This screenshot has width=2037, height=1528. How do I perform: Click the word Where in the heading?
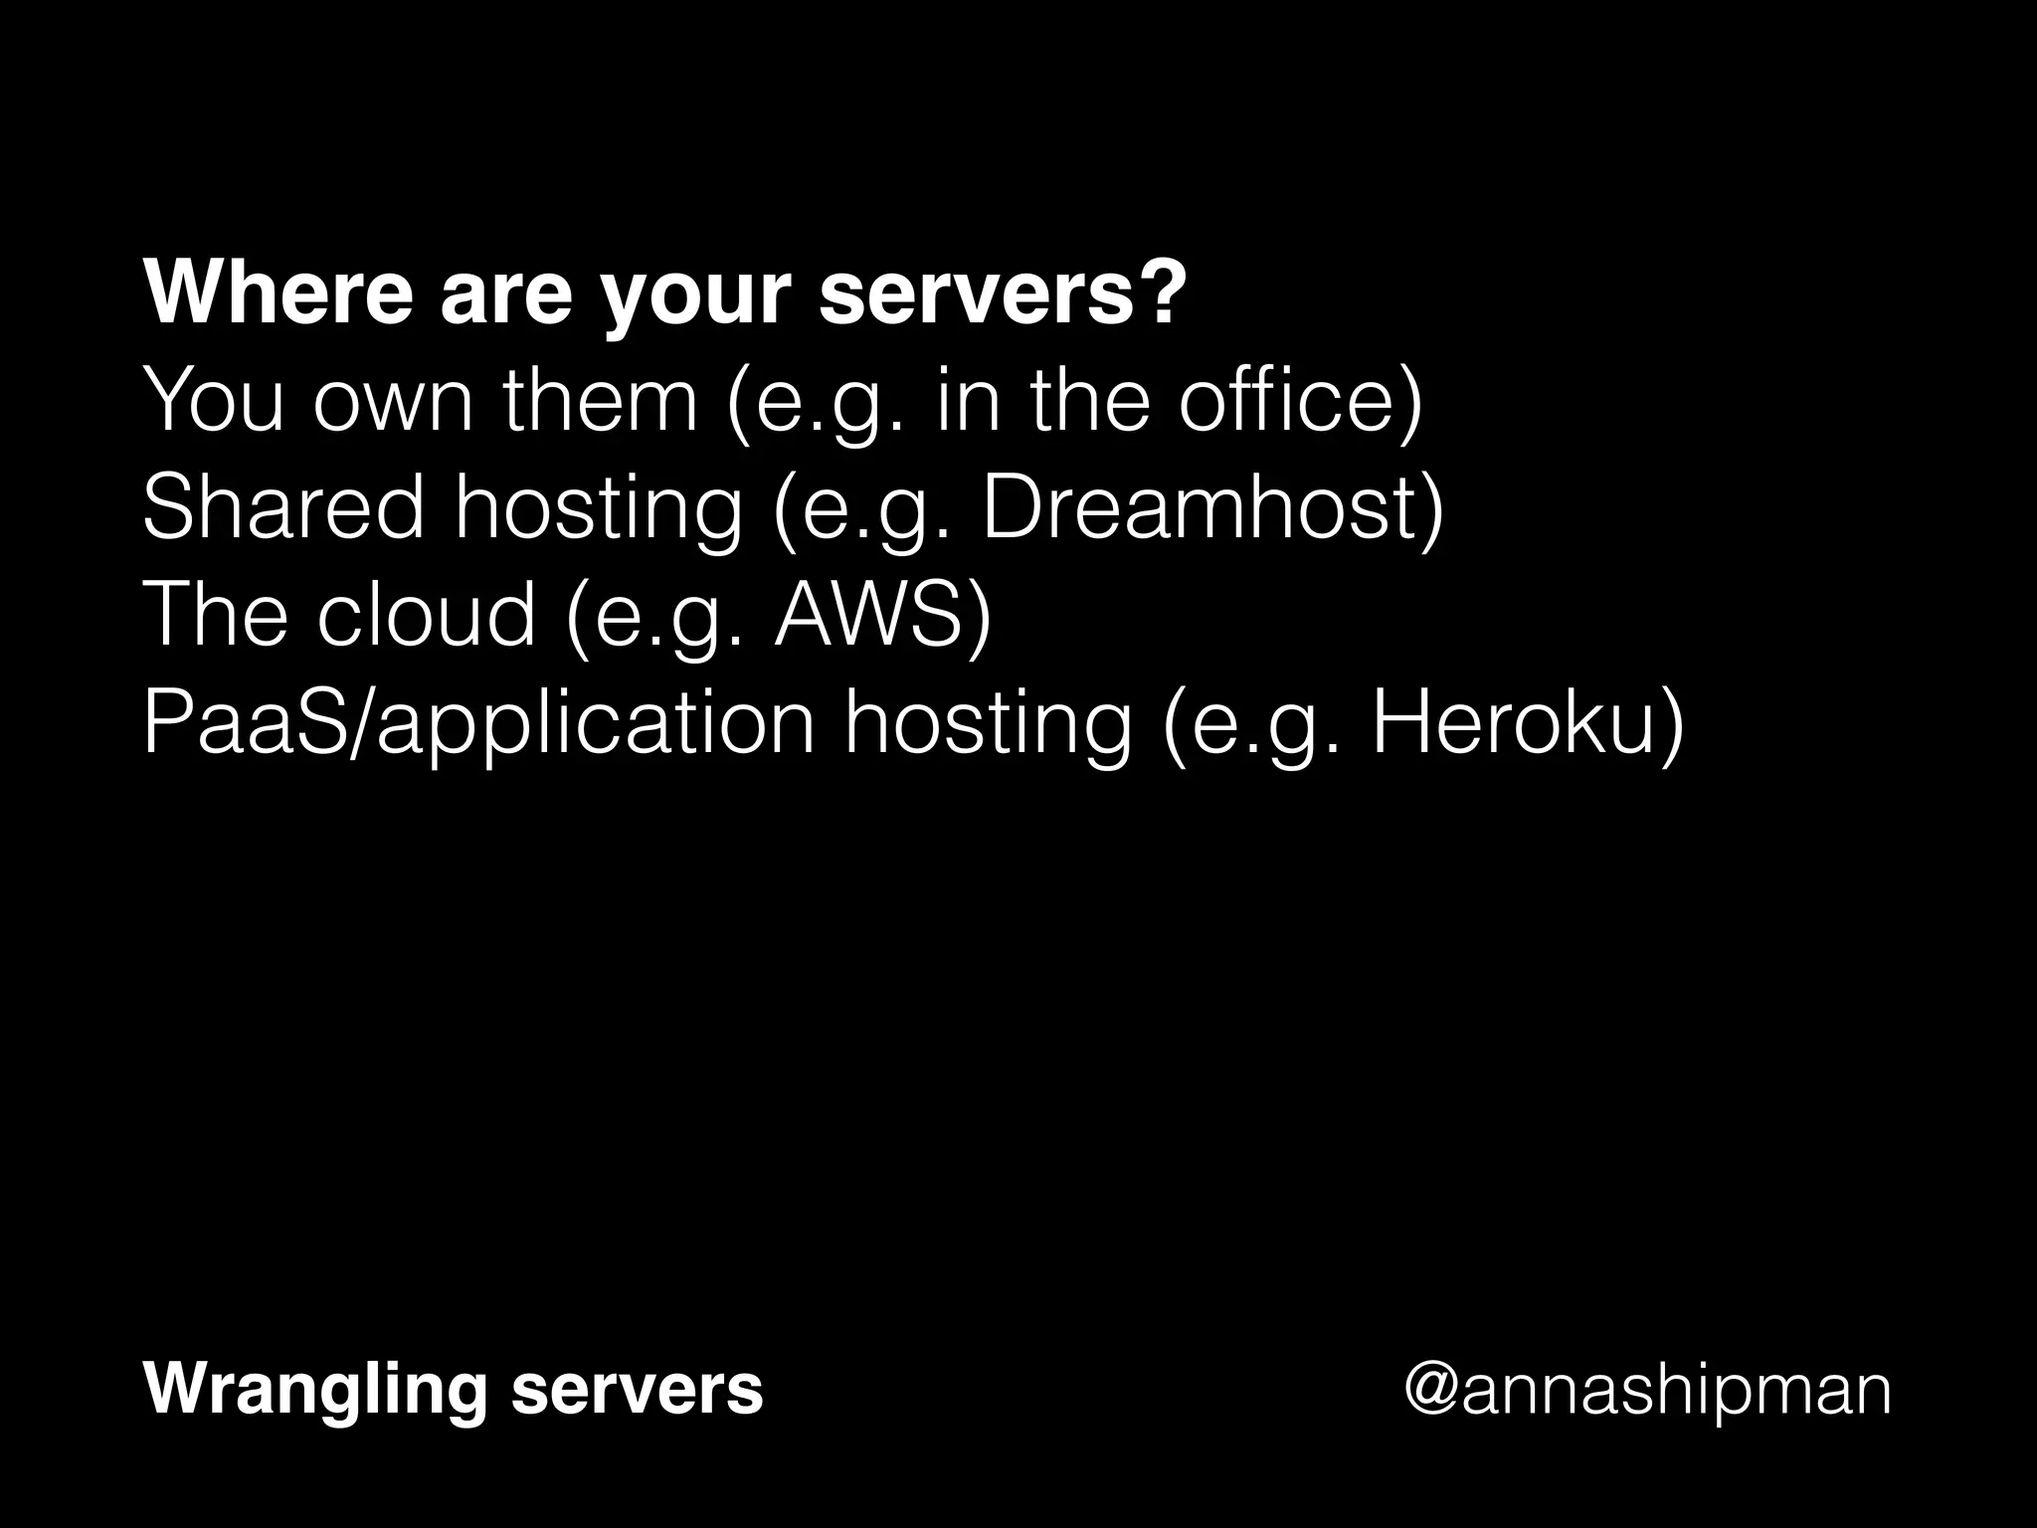pyautogui.click(x=278, y=294)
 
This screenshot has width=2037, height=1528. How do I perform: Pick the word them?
pyautogui.click(x=600, y=401)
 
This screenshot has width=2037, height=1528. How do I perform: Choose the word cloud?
pyautogui.click(x=427, y=614)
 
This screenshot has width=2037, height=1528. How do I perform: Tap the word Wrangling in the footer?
pyautogui.click(x=315, y=1391)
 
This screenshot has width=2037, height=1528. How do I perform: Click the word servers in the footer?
pyautogui.click(x=637, y=1390)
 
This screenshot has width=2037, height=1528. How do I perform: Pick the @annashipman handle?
pyautogui.click(x=1646, y=1391)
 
